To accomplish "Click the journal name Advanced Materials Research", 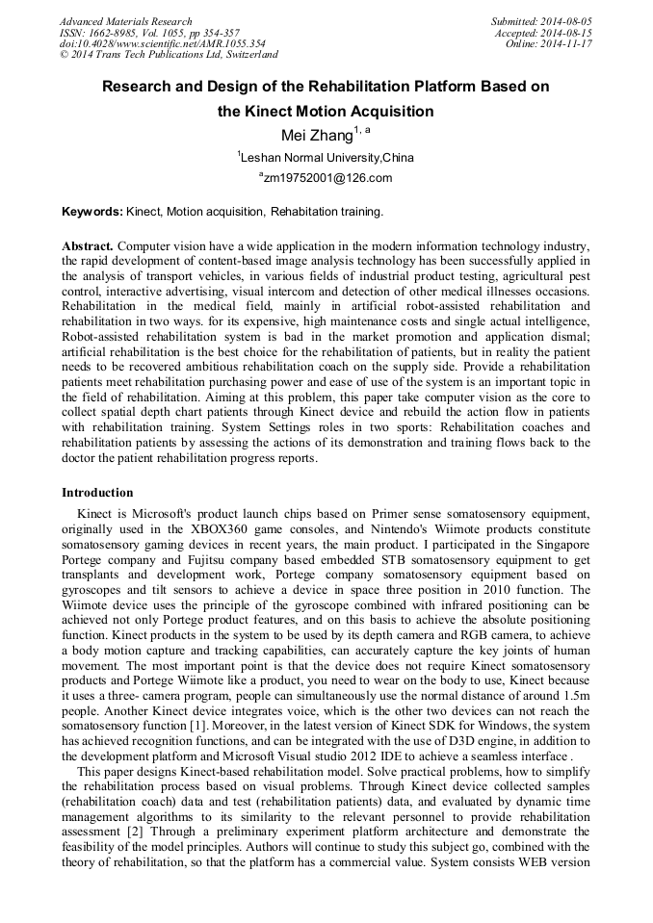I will (x=125, y=21).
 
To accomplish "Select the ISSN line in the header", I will (x=148, y=33).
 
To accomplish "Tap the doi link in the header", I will (x=162, y=44).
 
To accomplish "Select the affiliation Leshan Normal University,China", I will (x=326, y=157).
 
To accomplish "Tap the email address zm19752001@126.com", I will (x=326, y=178).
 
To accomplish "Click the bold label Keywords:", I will (x=92, y=211).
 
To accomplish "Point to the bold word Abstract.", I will (x=88, y=246).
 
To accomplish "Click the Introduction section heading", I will (x=97, y=493).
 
